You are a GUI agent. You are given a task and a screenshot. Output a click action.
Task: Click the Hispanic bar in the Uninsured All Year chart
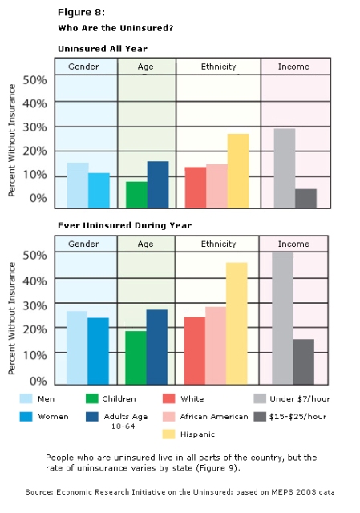(238, 171)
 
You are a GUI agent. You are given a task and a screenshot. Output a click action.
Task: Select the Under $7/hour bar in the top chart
(285, 168)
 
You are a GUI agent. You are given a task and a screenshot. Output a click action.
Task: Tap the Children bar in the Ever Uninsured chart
(136, 357)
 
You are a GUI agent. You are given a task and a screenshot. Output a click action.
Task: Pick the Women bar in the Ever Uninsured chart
(98, 351)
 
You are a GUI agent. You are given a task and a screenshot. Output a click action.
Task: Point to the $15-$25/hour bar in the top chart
(306, 199)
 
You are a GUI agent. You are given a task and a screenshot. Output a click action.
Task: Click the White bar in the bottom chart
(195, 351)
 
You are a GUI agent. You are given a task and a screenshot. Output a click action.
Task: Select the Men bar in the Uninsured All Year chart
(78, 185)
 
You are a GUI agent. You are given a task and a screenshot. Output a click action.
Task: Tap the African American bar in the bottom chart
(216, 345)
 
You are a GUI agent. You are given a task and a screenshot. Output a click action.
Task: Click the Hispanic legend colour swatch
(168, 434)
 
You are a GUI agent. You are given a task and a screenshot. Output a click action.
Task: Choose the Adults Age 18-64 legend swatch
(92, 417)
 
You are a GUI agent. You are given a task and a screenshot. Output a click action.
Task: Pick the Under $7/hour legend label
(299, 399)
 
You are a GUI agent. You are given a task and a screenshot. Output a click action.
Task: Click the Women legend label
(53, 417)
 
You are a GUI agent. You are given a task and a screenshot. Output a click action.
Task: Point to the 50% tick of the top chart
(34, 80)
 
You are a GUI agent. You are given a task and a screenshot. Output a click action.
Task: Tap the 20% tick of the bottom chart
(34, 329)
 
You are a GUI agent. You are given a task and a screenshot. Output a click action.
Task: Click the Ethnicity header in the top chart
(218, 67)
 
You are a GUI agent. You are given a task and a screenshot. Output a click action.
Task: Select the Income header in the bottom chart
(293, 244)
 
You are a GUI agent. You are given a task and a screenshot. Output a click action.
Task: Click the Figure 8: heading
(81, 13)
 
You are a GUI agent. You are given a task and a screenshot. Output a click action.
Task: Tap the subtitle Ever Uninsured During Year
(125, 225)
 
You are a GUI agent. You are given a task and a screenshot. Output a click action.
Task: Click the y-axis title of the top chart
(12, 140)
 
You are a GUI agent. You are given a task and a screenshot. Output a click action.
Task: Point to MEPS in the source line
(281, 492)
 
